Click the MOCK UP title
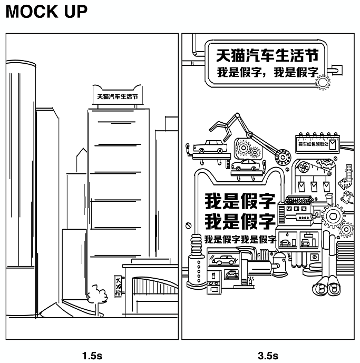46,12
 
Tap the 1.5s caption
92,355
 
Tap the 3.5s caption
268,355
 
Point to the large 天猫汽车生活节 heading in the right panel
268,55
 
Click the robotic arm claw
221,127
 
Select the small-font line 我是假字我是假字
240,239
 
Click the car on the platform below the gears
246,166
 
